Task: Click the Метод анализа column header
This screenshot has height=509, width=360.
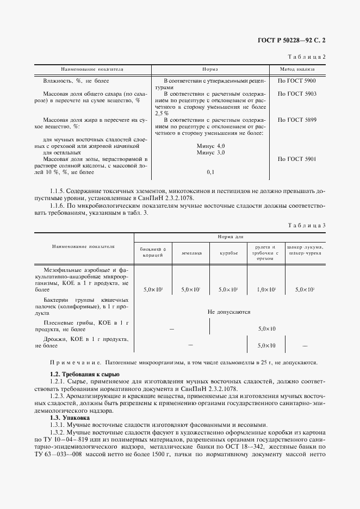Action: (x=297, y=70)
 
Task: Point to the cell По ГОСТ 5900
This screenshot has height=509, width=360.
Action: (x=297, y=80)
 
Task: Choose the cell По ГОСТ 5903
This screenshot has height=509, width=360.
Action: (x=297, y=94)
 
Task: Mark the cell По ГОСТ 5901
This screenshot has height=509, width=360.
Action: (x=297, y=159)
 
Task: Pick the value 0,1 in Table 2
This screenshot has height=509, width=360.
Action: (x=211, y=172)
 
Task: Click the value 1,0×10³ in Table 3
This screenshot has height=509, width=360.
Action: (x=266, y=290)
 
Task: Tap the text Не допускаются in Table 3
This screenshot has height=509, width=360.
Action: (x=229, y=312)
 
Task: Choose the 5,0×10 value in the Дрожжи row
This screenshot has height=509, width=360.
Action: (x=266, y=345)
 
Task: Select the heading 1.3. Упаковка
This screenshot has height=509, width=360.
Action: (x=70, y=417)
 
